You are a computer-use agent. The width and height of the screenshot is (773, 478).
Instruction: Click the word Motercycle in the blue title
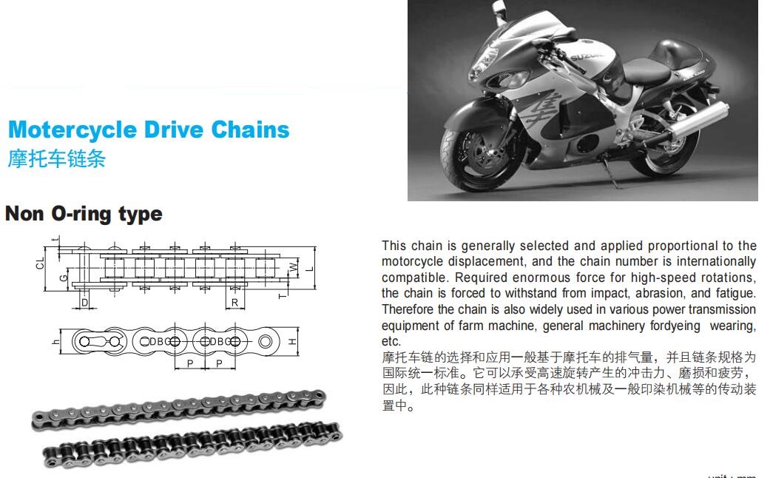[72, 130]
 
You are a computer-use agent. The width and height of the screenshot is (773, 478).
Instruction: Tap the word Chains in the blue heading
[251, 129]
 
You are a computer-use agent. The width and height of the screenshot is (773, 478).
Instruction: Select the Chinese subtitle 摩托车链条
[57, 159]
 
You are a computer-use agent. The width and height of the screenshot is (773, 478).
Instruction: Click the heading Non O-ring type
[84, 214]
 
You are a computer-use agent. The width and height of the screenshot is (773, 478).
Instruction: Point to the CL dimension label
[40, 263]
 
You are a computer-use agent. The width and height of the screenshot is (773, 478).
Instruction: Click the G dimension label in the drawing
[63, 278]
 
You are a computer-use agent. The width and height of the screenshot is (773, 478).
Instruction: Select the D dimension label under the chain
[85, 303]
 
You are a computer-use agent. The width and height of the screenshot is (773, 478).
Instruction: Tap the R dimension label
[234, 303]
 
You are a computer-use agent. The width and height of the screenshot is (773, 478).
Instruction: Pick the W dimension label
[294, 268]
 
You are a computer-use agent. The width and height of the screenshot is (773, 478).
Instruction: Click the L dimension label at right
[310, 269]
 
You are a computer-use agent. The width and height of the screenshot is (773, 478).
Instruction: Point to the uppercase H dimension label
[292, 341]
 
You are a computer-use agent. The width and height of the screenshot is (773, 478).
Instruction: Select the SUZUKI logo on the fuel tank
[586, 57]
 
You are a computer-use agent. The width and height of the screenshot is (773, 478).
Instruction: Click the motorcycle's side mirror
[499, 7]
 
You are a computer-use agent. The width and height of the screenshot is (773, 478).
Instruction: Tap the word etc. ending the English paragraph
[391, 341]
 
